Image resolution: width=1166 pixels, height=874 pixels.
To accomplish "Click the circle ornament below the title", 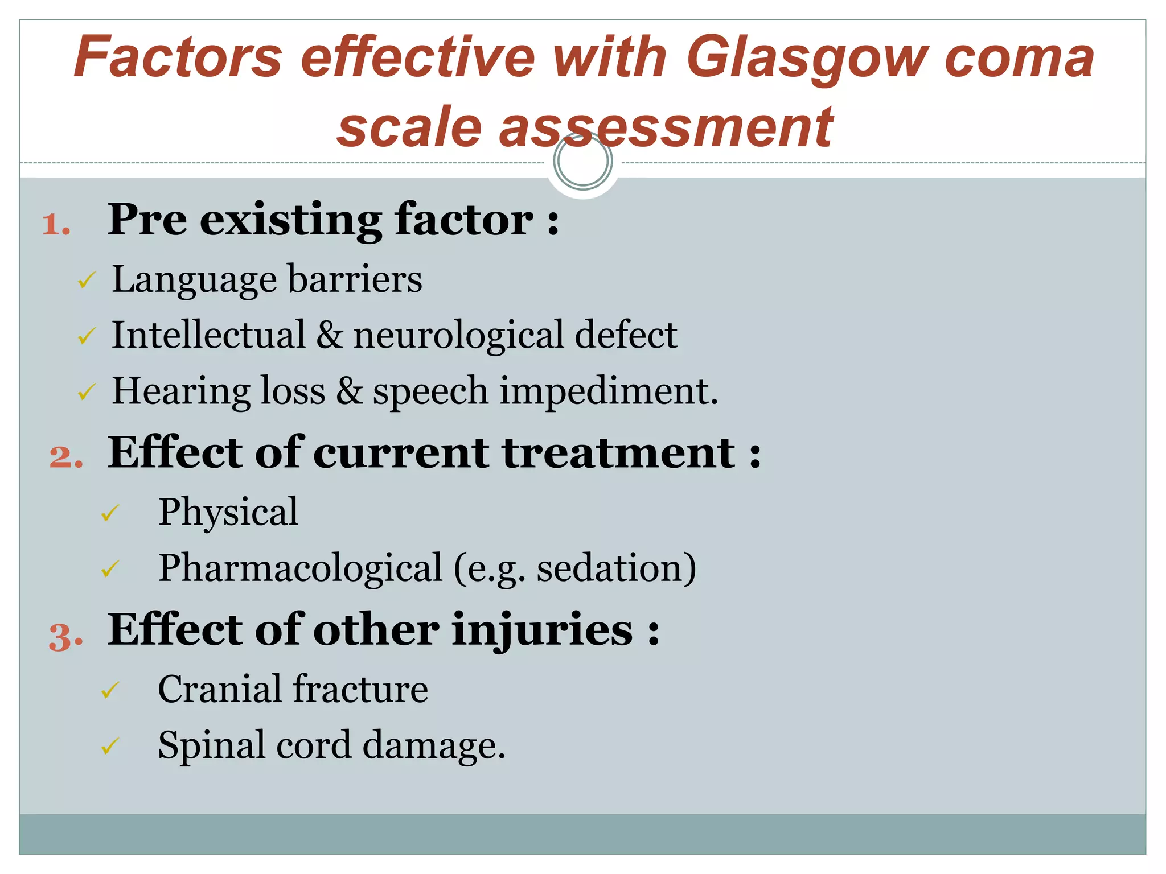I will (x=582, y=161).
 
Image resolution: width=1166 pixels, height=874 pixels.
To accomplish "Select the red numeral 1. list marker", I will (x=56, y=224).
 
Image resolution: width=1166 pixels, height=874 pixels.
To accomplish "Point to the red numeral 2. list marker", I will (x=66, y=457).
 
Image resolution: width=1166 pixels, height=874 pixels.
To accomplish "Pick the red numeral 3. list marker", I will (x=66, y=636).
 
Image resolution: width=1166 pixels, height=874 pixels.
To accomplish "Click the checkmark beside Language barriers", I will (x=87, y=280).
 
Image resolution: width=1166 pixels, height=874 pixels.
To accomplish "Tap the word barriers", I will (x=355, y=279).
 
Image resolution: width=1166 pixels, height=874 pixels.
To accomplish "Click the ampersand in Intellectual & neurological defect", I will (x=330, y=335).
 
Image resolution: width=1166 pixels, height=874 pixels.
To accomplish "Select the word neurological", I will (x=459, y=336).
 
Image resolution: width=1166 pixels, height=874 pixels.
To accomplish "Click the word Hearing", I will (x=180, y=391).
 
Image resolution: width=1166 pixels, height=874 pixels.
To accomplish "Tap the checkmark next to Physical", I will (x=110, y=513).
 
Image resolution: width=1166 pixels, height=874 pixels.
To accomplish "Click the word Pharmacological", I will (x=300, y=568).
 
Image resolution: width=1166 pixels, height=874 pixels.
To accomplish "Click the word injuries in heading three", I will (x=542, y=630).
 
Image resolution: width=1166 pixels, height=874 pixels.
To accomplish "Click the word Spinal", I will (x=211, y=745).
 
